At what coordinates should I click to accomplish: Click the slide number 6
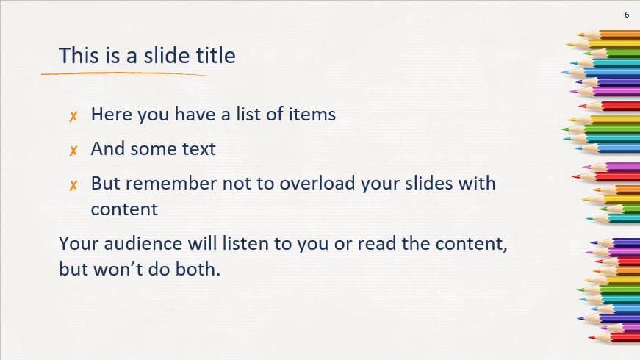627,15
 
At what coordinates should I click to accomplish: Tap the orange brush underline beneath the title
125,73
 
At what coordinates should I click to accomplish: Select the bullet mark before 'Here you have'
73,115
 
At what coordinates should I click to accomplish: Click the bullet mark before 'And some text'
73,150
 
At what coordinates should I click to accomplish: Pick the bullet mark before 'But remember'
73,184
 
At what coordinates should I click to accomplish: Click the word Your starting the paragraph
76,243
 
